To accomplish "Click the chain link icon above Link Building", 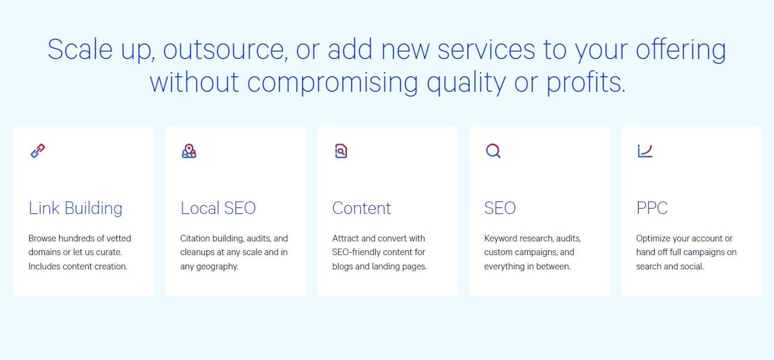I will (38, 151).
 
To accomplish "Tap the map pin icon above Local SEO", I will (189, 151).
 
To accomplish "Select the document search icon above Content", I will (340, 151).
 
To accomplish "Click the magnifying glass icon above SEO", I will (493, 151).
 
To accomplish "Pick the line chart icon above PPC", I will (645, 151).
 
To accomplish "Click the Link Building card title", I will (76, 208).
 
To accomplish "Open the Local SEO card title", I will (218, 208).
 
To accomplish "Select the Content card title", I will (362, 208).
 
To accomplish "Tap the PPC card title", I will (652, 208).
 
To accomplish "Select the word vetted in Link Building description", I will (118, 238).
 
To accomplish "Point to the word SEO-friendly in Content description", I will (361, 252).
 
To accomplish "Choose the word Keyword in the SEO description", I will (501, 238).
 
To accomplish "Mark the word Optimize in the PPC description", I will (654, 238).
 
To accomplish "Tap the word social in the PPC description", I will (692, 266).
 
